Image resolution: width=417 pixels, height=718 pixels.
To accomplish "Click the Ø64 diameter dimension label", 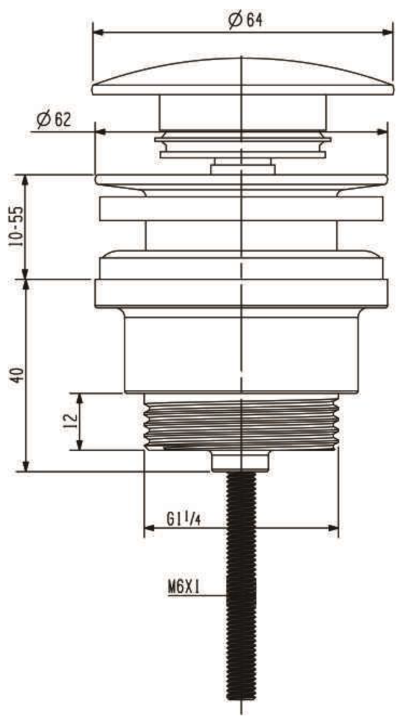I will pyautogui.click(x=244, y=20).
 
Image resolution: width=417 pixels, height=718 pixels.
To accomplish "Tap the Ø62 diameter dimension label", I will pyautogui.click(x=54, y=120).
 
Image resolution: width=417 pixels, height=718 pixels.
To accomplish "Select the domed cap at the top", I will pyautogui.click(x=242, y=76).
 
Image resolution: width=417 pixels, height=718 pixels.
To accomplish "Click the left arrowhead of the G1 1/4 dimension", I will pyautogui.click(x=148, y=530).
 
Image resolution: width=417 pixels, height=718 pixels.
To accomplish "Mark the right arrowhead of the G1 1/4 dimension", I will pyautogui.click(x=334, y=530).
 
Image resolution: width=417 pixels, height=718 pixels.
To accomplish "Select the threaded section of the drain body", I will pyautogui.click(x=240, y=421).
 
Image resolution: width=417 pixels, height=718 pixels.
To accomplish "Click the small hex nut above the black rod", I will pyautogui.click(x=240, y=460).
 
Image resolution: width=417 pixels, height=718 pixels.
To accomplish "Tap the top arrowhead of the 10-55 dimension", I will pyautogui.click(x=26, y=179).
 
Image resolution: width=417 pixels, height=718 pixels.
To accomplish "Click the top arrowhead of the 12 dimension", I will pyautogui.click(x=81, y=397).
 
